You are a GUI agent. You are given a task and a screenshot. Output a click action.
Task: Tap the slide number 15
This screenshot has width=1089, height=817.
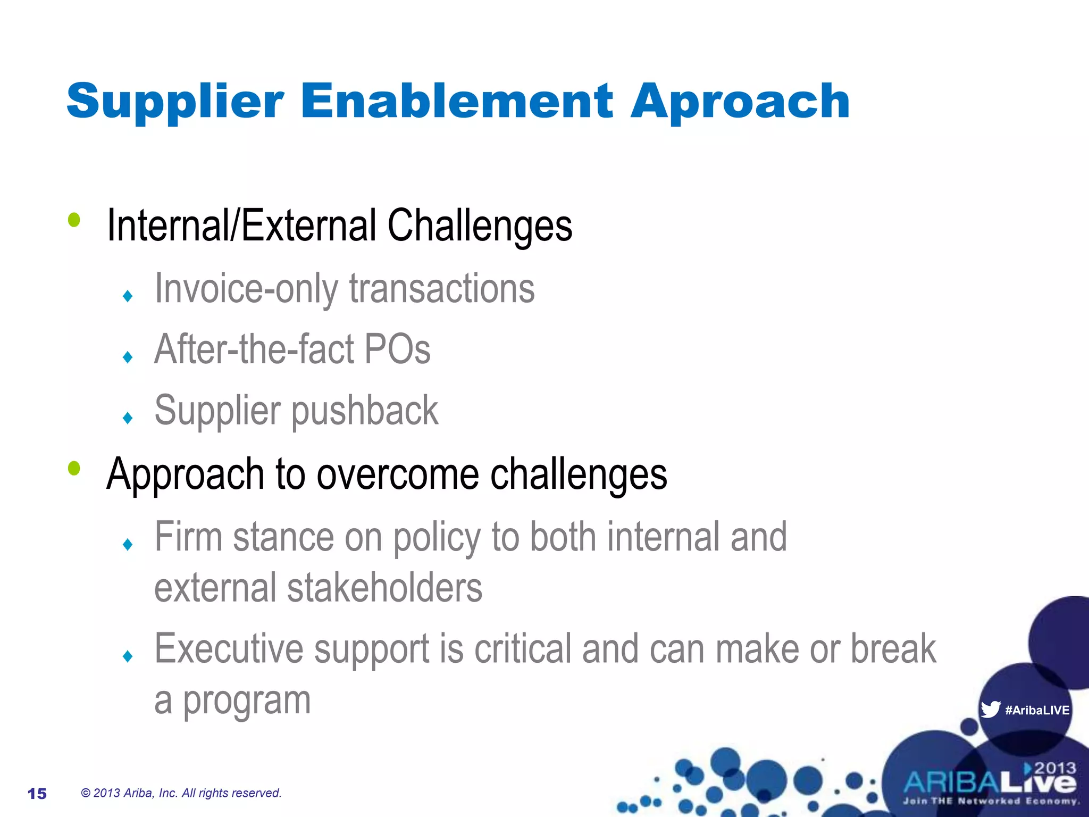tap(37, 794)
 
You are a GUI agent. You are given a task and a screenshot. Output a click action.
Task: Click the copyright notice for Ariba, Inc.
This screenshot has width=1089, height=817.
tap(181, 793)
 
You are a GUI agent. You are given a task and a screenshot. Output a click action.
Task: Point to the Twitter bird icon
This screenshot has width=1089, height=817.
tap(990, 709)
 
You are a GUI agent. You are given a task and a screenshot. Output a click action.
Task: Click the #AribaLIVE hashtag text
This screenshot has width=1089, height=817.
tap(1037, 710)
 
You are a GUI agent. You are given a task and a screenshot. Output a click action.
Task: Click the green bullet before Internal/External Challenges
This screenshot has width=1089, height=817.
tap(74, 219)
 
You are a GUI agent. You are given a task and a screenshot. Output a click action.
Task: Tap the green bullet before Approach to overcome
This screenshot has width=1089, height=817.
tap(74, 468)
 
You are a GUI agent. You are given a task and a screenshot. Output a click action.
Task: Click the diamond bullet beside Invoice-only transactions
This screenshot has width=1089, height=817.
tap(127, 296)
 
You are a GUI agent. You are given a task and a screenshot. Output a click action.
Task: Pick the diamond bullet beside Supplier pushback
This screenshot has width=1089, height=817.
tap(127, 418)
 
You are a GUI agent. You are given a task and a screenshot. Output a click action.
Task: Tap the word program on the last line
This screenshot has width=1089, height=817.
tap(247, 701)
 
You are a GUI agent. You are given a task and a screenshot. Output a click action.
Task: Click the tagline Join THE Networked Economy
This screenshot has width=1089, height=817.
tap(991, 801)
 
